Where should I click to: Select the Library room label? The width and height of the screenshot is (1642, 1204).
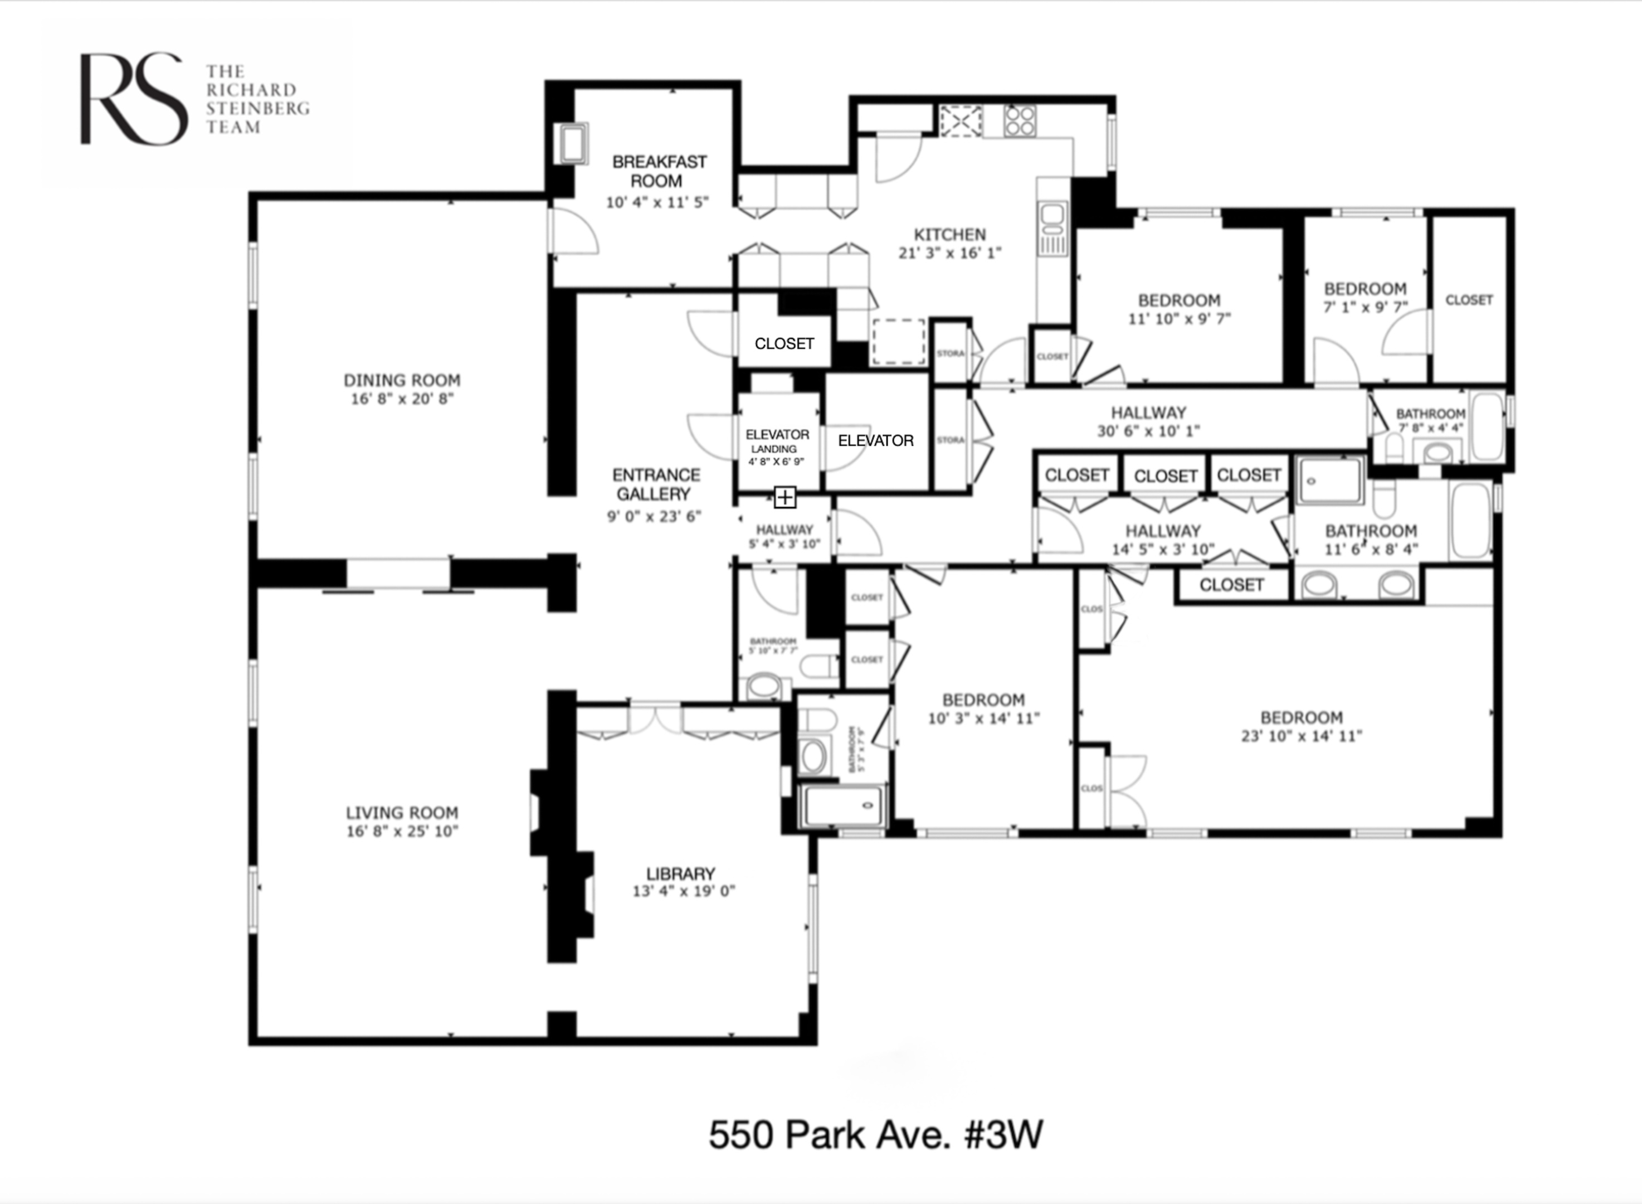point(680,873)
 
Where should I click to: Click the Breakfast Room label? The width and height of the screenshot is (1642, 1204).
point(659,171)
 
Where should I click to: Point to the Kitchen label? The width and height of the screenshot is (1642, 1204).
point(949,235)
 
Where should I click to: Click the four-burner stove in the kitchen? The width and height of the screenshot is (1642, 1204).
point(1019,121)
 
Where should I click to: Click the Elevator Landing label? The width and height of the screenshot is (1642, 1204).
point(777,440)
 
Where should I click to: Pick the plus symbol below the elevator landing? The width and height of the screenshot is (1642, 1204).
point(785,498)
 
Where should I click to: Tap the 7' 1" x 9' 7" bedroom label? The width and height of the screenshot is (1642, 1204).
point(1365,297)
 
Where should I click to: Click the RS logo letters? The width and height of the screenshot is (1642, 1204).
point(133,99)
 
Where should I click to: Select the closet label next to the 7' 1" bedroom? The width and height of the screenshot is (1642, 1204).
point(1469,299)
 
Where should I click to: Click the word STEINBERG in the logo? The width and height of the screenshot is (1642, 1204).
point(257,109)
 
